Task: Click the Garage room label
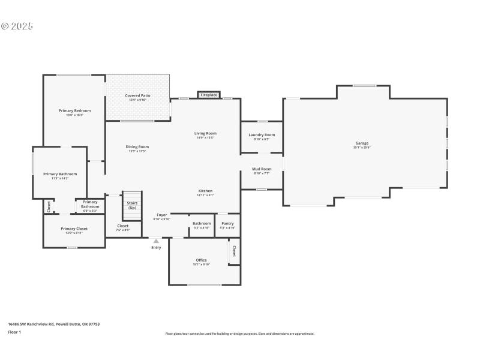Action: click(362, 143)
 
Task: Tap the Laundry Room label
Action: click(262, 135)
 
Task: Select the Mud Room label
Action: click(262, 169)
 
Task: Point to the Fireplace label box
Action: click(209, 95)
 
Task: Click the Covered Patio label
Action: click(137, 96)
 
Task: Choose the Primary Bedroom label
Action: click(74, 111)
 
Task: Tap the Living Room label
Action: click(205, 133)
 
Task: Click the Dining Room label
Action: click(137, 147)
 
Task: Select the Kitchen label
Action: click(205, 191)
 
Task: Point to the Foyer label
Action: click(162, 215)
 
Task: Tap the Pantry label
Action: click(227, 224)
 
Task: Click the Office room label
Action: click(201, 260)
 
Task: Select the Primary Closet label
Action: click(74, 229)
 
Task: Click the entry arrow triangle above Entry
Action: click(156, 241)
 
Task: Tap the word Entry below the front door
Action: click(156, 247)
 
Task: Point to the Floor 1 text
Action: click(14, 332)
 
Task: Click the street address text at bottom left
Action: click(53, 324)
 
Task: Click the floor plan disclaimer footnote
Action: click(239, 334)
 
